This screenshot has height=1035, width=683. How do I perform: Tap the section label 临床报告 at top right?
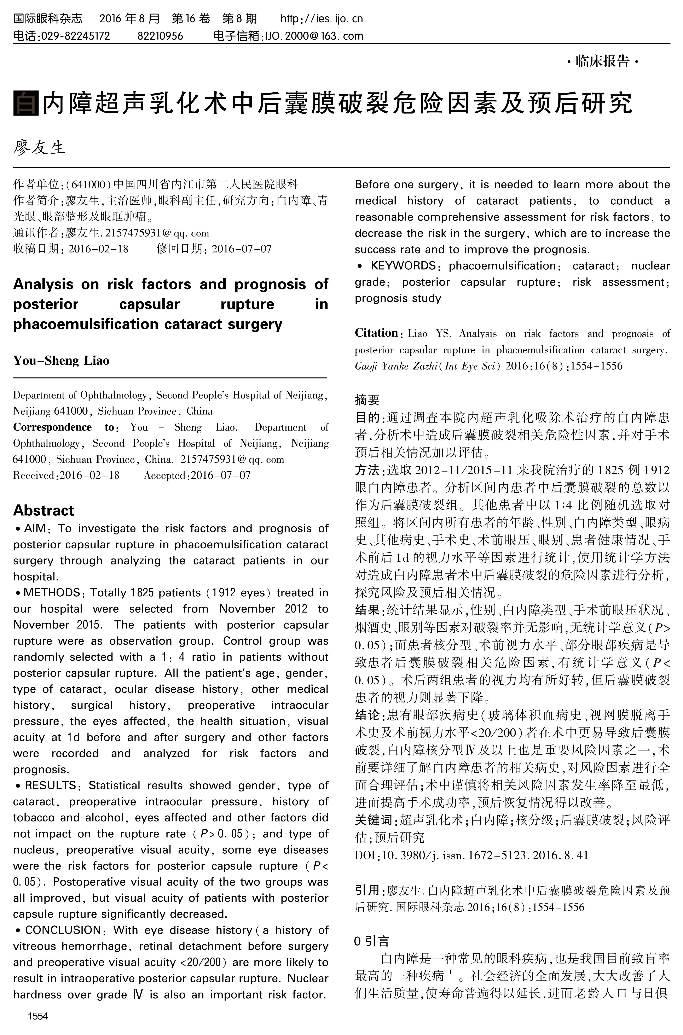(x=603, y=61)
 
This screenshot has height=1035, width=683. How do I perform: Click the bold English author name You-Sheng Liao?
(x=61, y=361)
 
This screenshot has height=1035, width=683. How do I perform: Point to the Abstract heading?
(x=44, y=510)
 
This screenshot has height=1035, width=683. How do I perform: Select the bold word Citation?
(x=376, y=333)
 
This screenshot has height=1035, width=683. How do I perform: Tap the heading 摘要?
(x=367, y=400)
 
